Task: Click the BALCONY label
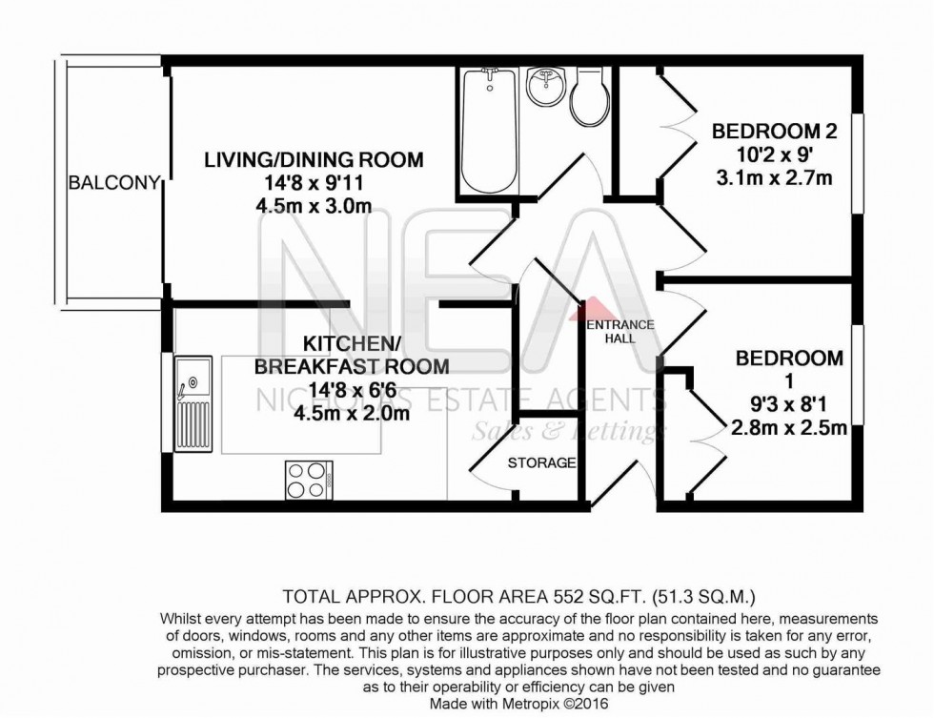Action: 112,182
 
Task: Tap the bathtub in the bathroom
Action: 490,131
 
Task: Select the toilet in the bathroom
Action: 587,98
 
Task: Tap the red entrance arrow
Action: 594,307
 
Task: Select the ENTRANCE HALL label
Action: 619,332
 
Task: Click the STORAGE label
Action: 541,463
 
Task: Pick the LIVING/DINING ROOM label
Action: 314,160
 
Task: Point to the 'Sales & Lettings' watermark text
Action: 568,431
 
